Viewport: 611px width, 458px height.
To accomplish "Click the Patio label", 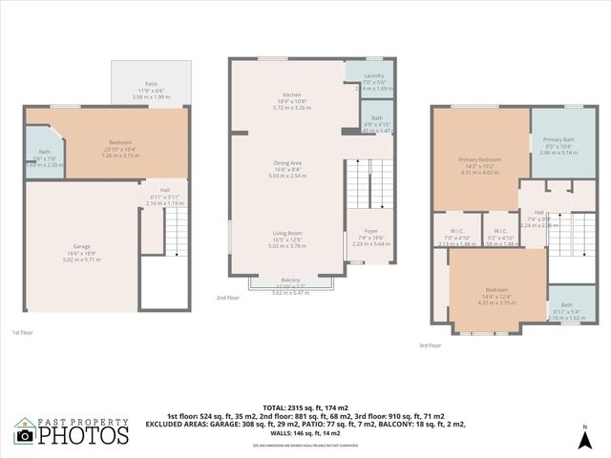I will [150, 84].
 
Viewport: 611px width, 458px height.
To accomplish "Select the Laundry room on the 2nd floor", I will [373, 75].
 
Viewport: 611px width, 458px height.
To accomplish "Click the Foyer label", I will [370, 231].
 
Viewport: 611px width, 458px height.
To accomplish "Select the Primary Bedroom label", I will [480, 159].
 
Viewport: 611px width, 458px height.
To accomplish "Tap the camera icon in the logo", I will [25, 435].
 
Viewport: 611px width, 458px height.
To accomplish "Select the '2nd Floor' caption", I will [227, 298].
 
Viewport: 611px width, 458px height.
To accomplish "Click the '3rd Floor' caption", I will [430, 346].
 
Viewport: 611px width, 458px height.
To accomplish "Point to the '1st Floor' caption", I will [23, 332].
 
